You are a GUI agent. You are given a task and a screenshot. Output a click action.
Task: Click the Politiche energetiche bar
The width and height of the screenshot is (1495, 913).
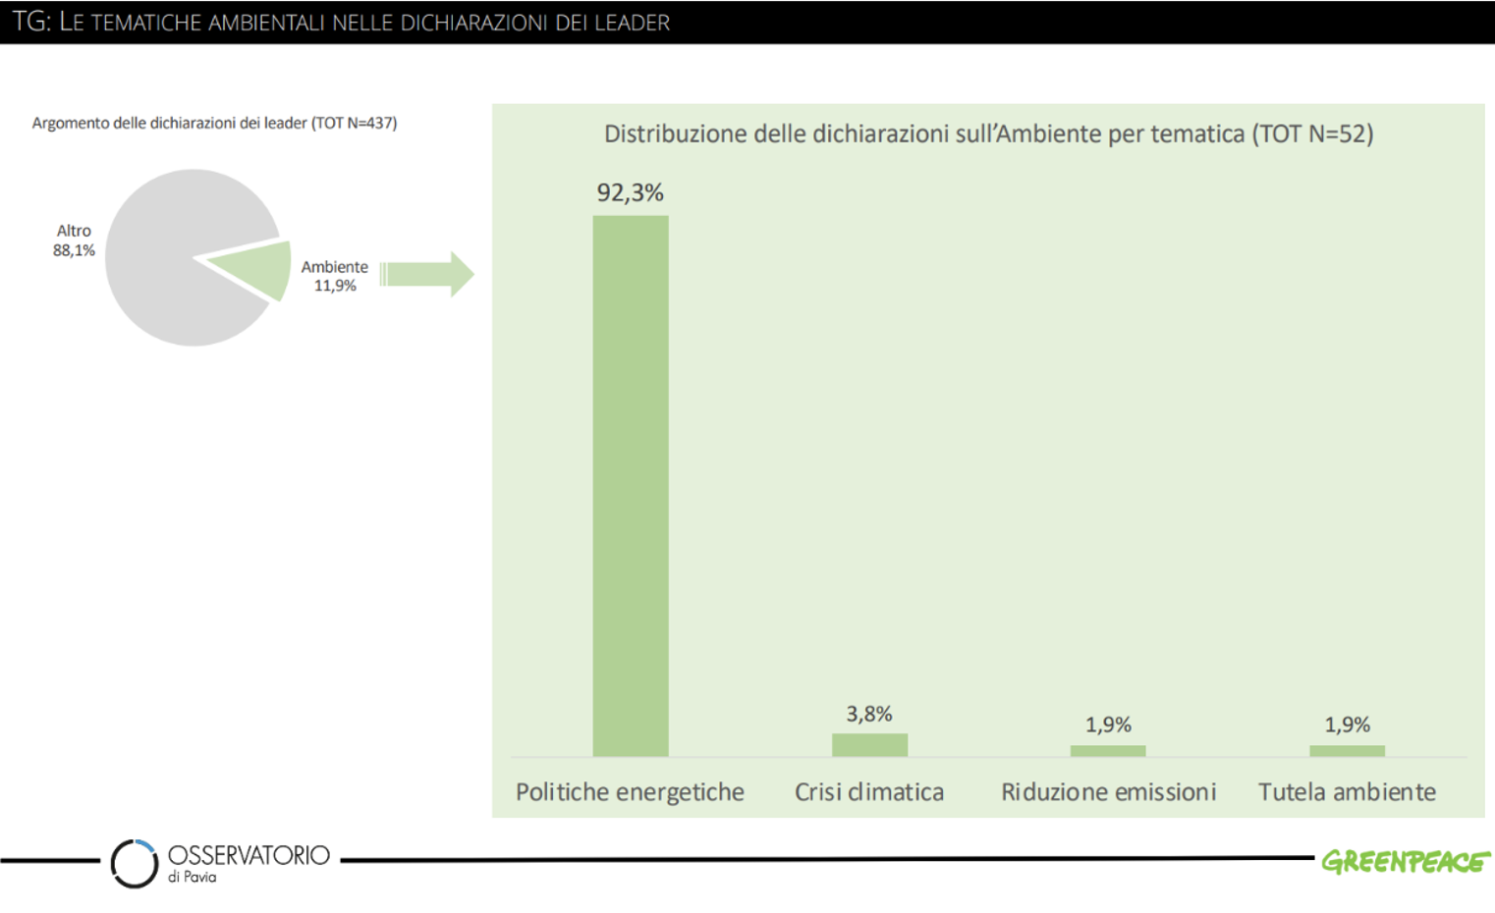coord(630,486)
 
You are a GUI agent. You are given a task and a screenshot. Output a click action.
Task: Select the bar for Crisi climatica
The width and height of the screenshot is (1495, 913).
coord(869,745)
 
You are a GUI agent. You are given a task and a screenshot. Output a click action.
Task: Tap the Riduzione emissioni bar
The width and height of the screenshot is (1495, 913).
coord(1107,751)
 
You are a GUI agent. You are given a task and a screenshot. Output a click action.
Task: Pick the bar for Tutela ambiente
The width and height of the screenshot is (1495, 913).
coord(1347,751)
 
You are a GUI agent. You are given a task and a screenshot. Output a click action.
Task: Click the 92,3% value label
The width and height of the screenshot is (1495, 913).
coord(630,192)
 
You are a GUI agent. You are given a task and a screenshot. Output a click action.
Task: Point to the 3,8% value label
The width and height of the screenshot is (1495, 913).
coord(869,714)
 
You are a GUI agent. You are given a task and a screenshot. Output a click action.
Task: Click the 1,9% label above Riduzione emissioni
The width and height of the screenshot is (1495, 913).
coord(1108,725)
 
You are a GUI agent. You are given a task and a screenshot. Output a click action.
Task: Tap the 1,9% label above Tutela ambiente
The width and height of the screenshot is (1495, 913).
coord(1347,725)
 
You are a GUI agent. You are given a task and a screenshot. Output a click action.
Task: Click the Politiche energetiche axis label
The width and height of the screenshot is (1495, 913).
coord(630,792)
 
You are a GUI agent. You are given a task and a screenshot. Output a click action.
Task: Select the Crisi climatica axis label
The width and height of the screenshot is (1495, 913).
coord(869,792)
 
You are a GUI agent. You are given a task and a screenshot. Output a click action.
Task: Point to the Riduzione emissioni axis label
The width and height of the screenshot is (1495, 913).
coord(1108,792)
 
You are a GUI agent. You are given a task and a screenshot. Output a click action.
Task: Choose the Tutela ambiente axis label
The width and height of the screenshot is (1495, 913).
coord(1347,792)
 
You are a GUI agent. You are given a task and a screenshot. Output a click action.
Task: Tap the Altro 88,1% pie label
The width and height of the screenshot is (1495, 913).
coord(74,241)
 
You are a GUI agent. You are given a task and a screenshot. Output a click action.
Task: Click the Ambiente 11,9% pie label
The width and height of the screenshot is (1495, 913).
coord(334,276)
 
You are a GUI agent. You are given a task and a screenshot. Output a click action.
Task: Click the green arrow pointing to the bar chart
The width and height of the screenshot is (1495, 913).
coord(428,274)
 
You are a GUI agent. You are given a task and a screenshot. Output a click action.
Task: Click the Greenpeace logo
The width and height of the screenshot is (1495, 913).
coord(1405,861)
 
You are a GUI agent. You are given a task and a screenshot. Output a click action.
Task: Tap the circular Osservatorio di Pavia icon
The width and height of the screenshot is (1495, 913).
coord(135,864)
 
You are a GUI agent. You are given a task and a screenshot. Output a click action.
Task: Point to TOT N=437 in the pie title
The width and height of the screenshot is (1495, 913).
coord(355,123)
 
